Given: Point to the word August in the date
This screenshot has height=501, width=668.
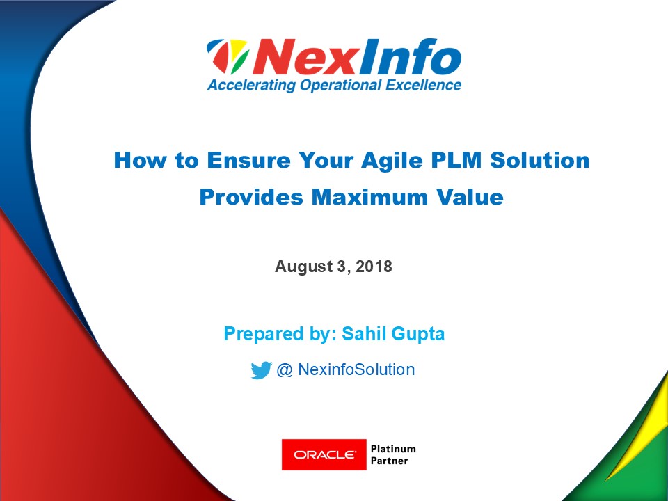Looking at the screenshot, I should [303, 267].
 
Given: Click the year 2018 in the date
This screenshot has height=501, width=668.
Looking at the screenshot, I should [374, 267].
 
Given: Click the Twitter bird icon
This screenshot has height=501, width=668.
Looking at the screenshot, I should [261, 370].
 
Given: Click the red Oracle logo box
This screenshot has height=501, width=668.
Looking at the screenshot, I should [324, 455].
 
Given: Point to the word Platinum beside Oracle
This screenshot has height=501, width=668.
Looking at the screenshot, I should [393, 449].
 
